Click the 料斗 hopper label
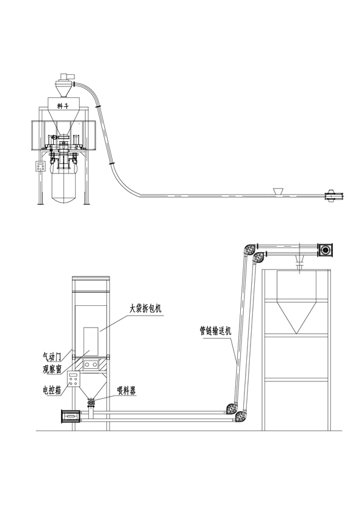(64, 106)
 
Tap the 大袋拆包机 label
(145, 309)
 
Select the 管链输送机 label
(215, 331)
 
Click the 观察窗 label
(52, 369)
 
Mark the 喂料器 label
(126, 391)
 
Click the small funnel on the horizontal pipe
(278, 191)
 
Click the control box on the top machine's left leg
(41, 166)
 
